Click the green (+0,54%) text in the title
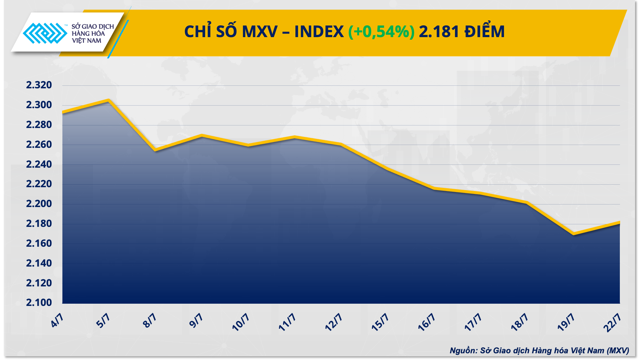click(x=381, y=32)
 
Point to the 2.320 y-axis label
click(x=39, y=85)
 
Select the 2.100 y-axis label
click(x=39, y=302)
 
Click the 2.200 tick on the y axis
click(x=39, y=204)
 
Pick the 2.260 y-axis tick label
click(x=39, y=145)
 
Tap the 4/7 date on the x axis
click(x=57, y=320)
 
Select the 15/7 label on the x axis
click(x=380, y=322)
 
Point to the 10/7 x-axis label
click(x=240, y=322)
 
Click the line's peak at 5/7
click(x=108, y=100)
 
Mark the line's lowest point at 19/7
click(x=573, y=234)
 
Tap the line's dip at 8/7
click(x=155, y=150)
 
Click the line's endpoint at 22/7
click(x=619, y=222)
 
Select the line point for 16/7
click(x=434, y=188)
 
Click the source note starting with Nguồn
click(x=539, y=351)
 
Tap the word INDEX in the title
click(x=319, y=32)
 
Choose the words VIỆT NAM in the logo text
click(x=86, y=41)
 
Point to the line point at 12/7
click(x=341, y=144)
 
